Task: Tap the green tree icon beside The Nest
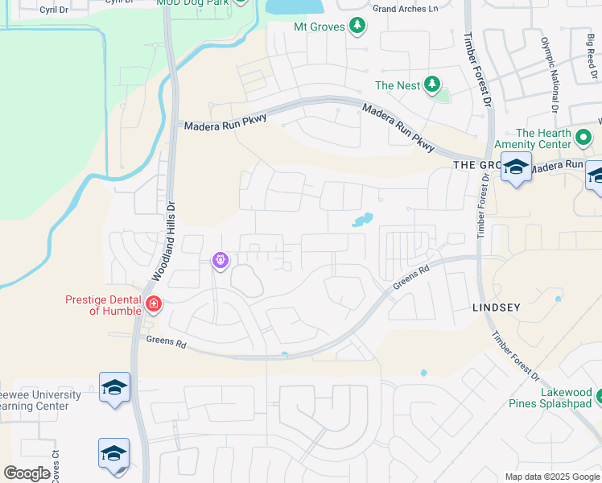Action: pos(432,85)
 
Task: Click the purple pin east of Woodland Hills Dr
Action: pos(221,261)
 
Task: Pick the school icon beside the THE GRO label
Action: pos(516,168)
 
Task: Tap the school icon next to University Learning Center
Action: pos(114,388)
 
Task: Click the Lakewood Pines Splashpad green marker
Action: pos(600,394)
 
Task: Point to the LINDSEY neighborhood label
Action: pos(497,308)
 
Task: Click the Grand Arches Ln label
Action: pos(406,9)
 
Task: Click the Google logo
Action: pos(27,473)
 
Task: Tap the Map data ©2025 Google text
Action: pos(551,477)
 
